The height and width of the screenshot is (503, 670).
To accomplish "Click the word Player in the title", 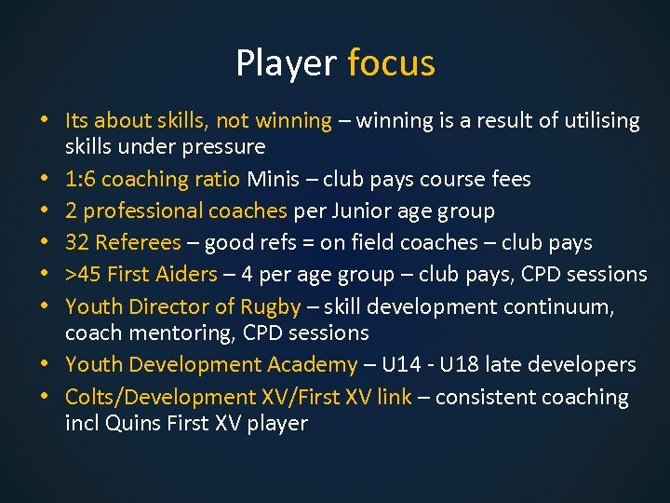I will click(286, 63).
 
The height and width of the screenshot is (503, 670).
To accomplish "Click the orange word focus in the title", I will click(391, 63).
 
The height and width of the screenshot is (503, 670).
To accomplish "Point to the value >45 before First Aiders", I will click(82, 275).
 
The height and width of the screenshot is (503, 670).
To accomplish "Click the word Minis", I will click(274, 179).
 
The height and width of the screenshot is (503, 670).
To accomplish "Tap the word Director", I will click(164, 306).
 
